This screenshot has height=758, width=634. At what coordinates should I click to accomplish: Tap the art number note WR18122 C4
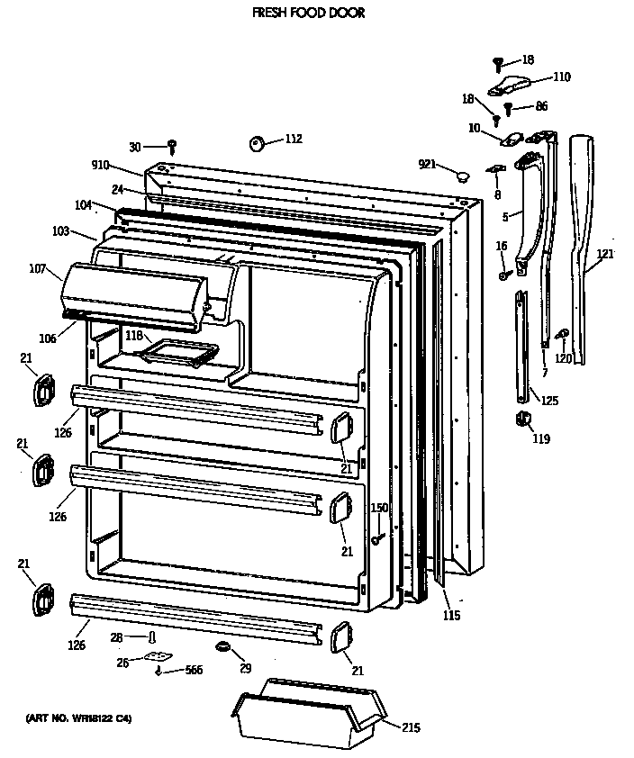click(x=78, y=718)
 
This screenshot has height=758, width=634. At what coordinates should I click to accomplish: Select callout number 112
click(x=294, y=139)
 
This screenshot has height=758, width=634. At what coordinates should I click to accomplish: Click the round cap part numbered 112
click(x=256, y=142)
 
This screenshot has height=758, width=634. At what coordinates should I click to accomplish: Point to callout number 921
click(x=427, y=164)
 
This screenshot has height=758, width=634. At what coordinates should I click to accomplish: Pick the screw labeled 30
click(x=173, y=145)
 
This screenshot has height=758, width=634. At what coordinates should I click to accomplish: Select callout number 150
click(x=379, y=509)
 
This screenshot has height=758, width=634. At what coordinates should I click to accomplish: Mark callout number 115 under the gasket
click(x=451, y=616)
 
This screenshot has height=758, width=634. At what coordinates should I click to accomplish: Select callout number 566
click(x=193, y=670)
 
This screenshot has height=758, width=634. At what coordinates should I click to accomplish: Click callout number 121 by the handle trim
click(x=605, y=254)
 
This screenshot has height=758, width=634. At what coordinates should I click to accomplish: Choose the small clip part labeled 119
click(x=521, y=419)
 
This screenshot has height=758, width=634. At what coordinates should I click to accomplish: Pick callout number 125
click(x=549, y=401)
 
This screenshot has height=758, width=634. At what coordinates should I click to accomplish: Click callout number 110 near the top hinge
click(x=561, y=77)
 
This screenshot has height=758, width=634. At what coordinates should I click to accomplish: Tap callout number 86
click(x=540, y=106)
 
